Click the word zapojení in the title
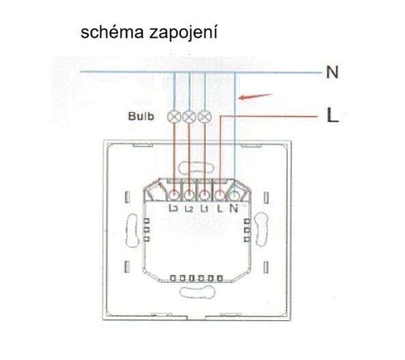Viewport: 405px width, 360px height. click(183, 33)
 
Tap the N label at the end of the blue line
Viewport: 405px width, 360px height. click(332, 72)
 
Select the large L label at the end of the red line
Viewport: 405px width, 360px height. click(333, 115)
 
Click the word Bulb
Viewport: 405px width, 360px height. click(141, 116)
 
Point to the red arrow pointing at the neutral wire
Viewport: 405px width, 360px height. click(255, 96)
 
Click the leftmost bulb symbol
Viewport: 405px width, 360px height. click(174, 117)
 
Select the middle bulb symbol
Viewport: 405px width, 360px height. click(189, 117)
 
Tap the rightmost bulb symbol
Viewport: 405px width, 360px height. click(205, 117)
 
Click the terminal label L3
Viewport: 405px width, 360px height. click(173, 208)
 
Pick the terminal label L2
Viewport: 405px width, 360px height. click(189, 208)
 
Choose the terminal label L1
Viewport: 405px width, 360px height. click(204, 208)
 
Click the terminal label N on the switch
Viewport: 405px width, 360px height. click(234, 208)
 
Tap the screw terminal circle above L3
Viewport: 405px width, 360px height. click(174, 195)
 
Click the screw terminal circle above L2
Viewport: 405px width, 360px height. click(189, 195)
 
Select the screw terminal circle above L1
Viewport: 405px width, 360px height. click(205, 195)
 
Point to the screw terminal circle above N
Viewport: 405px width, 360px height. click(234, 195)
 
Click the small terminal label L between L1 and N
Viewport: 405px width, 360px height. click(219, 208)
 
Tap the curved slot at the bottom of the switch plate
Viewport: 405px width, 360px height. click(197, 292)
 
